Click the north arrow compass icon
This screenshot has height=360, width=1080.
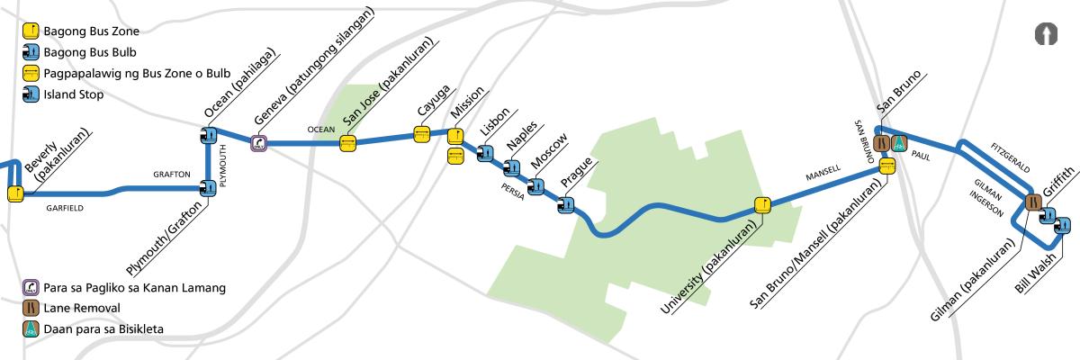point(1046,33)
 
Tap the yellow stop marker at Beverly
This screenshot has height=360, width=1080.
point(15,193)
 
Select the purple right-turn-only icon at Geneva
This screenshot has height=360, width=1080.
point(259,142)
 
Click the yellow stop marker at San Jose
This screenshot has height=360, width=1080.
point(347,141)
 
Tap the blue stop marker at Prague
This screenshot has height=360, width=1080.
point(566,205)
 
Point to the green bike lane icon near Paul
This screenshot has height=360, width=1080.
point(898,142)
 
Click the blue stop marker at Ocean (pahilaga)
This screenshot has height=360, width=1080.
point(209,136)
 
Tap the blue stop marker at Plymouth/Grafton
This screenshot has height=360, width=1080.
point(209,188)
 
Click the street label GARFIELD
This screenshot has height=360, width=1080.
point(64,208)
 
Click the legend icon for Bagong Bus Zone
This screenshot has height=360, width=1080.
point(29,31)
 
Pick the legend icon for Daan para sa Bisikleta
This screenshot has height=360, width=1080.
point(29,328)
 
